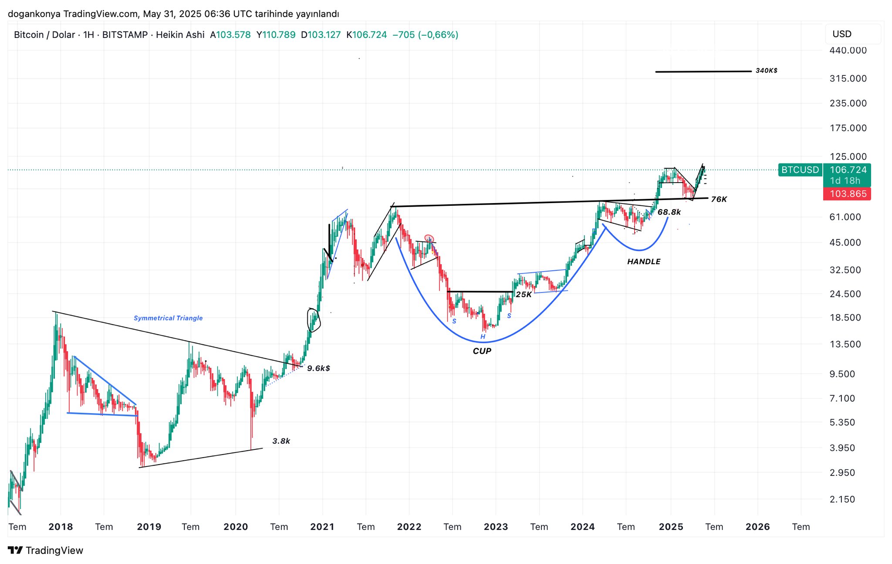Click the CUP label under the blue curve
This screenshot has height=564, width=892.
[482, 351]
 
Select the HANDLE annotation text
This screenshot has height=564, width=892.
[644, 262]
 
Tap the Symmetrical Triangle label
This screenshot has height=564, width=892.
[168, 318]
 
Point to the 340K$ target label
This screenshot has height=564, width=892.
[767, 71]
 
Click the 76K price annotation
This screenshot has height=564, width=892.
[719, 199]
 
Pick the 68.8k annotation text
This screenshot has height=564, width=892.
[669, 212]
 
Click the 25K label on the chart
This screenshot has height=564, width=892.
[524, 295]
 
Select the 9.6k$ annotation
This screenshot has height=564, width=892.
[318, 368]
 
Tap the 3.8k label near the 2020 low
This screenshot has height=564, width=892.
[281, 441]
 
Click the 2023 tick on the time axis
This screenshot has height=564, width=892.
[496, 527]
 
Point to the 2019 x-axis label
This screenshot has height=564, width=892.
[149, 527]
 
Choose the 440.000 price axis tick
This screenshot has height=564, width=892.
[848, 51]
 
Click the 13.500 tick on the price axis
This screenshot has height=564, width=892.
[845, 344]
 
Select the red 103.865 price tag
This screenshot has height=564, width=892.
[848, 194]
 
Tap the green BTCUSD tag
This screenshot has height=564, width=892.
[800, 170]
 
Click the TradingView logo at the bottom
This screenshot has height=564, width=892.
[46, 550]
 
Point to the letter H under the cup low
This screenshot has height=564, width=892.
[483, 336]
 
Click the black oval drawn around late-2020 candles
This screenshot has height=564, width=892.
[314, 320]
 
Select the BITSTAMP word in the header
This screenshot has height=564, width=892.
[125, 35]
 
